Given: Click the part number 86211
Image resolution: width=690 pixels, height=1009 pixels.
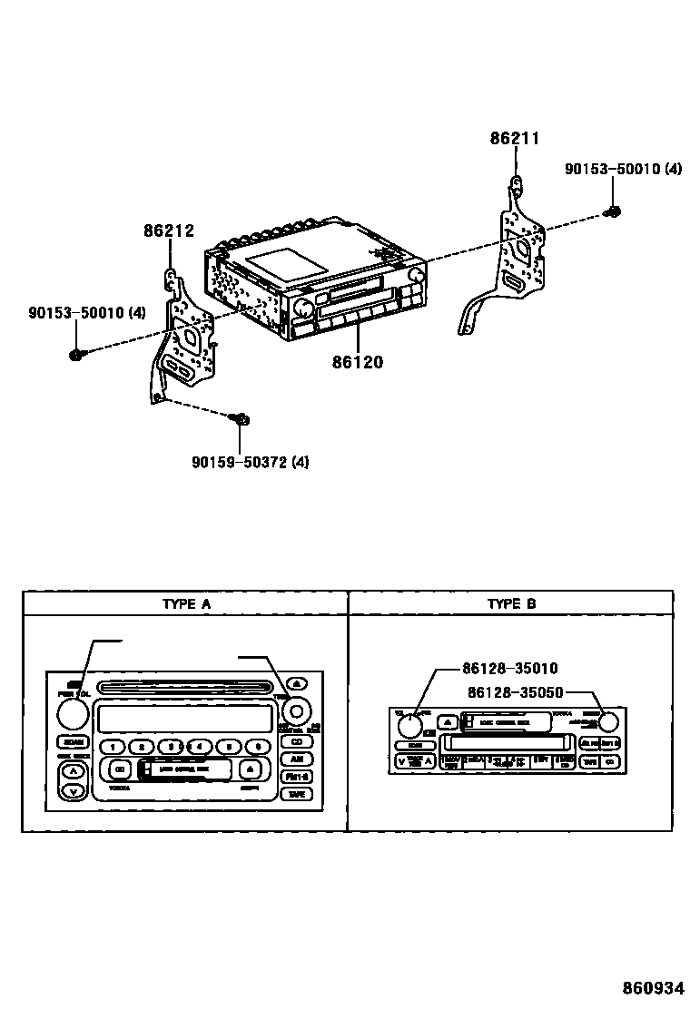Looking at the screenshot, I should (x=515, y=139).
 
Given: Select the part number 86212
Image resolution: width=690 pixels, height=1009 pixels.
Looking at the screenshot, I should (x=169, y=231).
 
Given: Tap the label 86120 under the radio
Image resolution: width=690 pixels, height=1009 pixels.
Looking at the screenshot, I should (x=357, y=362).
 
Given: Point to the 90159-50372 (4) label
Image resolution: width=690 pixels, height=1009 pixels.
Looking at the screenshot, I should (x=250, y=462).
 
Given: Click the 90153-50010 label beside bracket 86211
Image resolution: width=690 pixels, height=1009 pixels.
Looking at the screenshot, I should (x=622, y=169).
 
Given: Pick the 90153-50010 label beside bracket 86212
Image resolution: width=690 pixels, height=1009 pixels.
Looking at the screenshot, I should (x=86, y=313).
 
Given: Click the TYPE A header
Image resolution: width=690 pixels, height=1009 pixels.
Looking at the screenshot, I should (x=185, y=603).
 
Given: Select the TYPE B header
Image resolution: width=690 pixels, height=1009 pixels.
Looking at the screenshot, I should (x=511, y=603).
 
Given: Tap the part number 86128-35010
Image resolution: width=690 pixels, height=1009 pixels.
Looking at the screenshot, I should (x=509, y=669).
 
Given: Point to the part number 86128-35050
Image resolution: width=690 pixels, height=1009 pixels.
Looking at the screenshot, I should (x=516, y=691).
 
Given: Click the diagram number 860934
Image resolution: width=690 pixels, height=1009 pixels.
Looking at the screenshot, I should (x=652, y=986).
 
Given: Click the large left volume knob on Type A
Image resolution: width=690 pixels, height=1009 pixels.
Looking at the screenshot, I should (x=72, y=716).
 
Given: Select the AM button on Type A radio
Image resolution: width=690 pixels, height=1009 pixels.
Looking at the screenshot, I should (x=296, y=759).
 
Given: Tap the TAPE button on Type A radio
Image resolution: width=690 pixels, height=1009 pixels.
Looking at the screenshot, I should (x=296, y=794).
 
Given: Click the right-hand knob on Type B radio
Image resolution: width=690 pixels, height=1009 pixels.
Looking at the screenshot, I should (x=608, y=722).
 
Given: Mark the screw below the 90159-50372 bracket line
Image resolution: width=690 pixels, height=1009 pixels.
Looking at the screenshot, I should (x=241, y=419).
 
